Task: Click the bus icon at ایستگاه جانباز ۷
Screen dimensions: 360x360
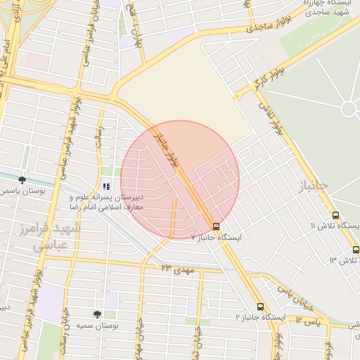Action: point(216,226)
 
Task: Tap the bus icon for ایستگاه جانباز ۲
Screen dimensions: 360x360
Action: point(260,307)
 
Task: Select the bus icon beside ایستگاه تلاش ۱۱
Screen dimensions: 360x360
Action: point(335,216)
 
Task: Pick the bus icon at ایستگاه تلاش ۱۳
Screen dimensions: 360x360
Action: point(356,250)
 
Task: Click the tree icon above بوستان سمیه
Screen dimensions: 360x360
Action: point(97,314)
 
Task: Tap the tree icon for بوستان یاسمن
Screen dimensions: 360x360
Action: point(22,179)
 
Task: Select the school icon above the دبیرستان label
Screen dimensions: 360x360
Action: point(106,186)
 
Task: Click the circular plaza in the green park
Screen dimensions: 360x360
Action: point(349,109)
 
